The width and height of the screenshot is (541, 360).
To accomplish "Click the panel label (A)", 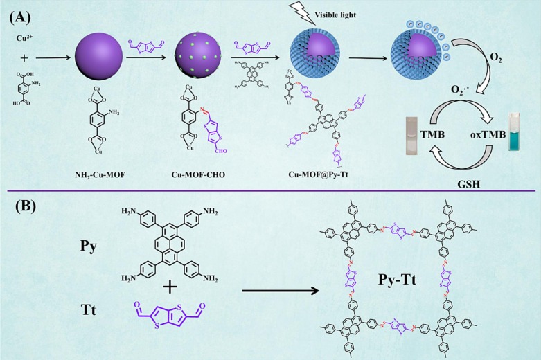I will tap(19, 13).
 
